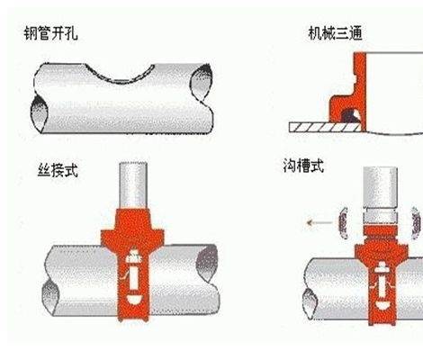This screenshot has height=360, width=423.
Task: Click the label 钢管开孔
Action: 50,33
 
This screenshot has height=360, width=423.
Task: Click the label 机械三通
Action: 335,33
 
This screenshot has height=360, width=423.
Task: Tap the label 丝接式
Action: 58,170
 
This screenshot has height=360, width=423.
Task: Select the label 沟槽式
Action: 303,166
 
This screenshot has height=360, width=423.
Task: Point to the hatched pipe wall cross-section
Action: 325,128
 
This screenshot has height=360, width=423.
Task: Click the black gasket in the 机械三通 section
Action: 350,116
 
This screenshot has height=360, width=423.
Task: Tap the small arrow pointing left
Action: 319,222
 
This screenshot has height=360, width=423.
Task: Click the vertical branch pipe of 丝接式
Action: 133,185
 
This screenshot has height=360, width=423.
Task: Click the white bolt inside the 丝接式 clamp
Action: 133,272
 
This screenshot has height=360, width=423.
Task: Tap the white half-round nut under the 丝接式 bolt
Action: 133,300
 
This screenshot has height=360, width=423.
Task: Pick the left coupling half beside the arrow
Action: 343,223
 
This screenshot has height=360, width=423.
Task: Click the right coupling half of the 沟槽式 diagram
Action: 416,223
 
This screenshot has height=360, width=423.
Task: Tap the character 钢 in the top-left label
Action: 31,33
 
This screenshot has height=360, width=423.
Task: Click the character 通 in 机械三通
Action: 355,33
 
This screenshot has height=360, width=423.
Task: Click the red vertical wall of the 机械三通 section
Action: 360,90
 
